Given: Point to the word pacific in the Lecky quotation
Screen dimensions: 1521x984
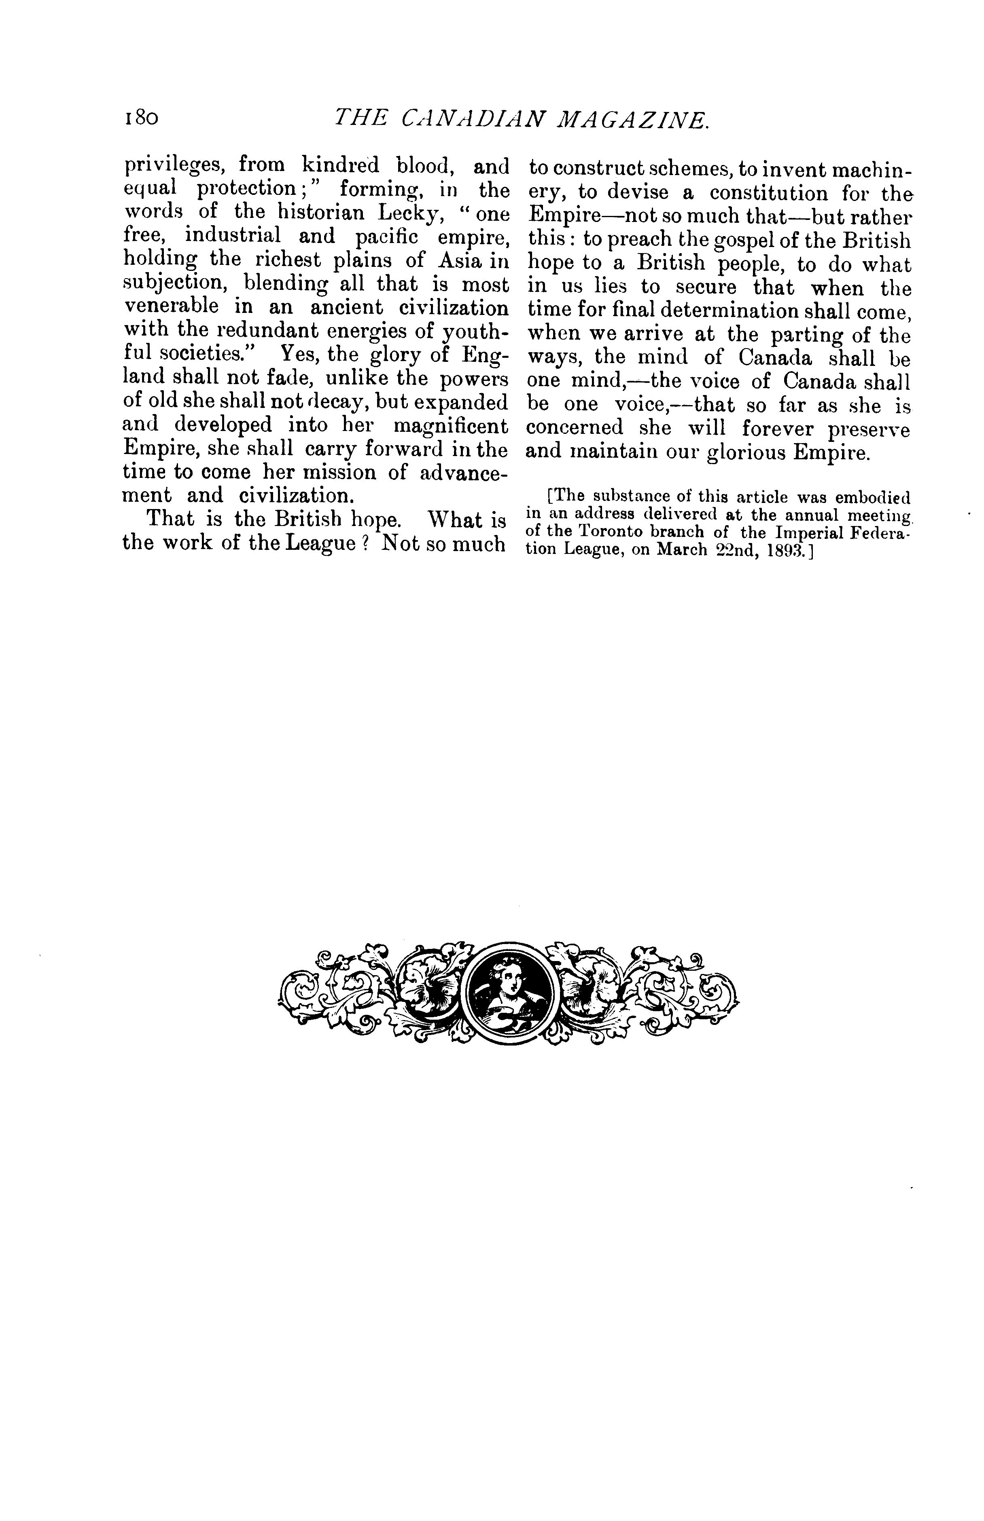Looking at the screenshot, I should point(386,236).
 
